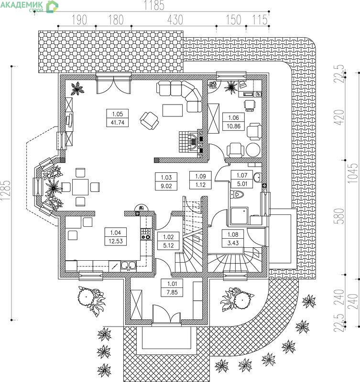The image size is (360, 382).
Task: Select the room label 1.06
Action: coord(233,117)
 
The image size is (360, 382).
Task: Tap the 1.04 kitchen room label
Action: coord(116,233)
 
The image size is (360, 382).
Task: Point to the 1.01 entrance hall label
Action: coord(172,284)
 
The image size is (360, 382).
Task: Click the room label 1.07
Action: coord(242,175)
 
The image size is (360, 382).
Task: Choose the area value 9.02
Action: coord(166,186)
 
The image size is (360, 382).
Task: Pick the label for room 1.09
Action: coord(200,176)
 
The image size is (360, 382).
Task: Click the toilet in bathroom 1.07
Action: coord(237,194)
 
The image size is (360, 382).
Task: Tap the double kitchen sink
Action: coord(129,265)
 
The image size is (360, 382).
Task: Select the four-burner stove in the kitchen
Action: coord(146,234)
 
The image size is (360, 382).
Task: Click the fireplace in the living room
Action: coord(191,142)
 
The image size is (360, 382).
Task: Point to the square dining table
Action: coord(80,187)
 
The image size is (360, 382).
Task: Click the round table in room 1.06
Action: coord(253,150)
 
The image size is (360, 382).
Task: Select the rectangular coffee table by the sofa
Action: coord(173,110)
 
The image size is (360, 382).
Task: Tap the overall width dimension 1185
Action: coord(154,5)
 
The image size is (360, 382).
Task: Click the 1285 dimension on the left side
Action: coord(6,190)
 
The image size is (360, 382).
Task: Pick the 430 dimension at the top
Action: coord(175,20)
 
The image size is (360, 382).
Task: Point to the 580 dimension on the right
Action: coord(339,216)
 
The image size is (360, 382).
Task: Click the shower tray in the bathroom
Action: coord(240,216)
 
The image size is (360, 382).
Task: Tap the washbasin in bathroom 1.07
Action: coord(257,177)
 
